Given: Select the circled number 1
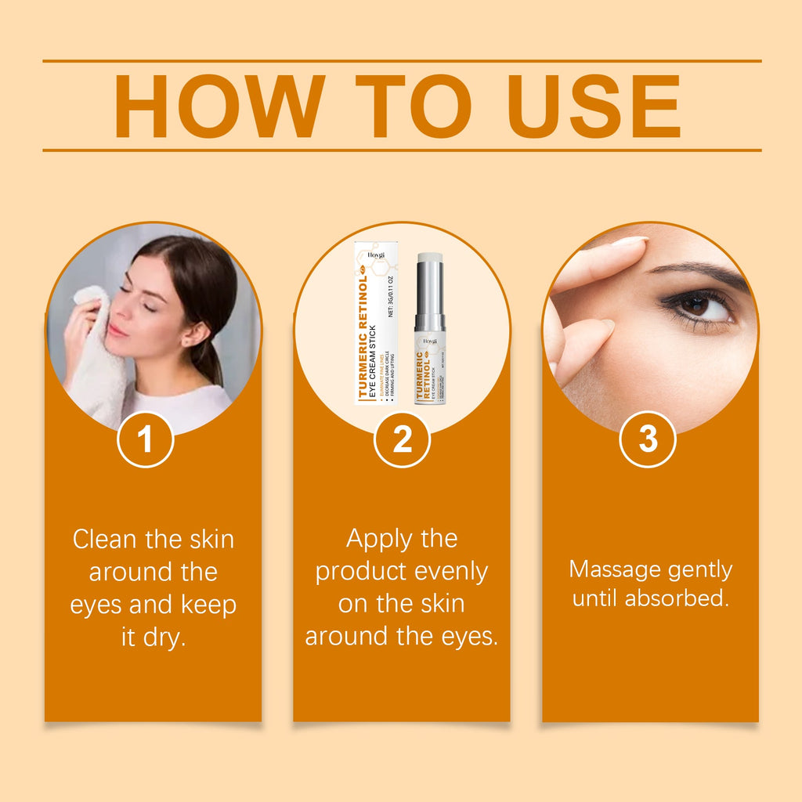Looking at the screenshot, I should click(x=145, y=440).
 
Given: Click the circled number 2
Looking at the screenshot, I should click(x=402, y=440).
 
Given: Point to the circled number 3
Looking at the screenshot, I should click(x=648, y=439).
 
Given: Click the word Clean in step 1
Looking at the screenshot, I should click(x=109, y=540).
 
